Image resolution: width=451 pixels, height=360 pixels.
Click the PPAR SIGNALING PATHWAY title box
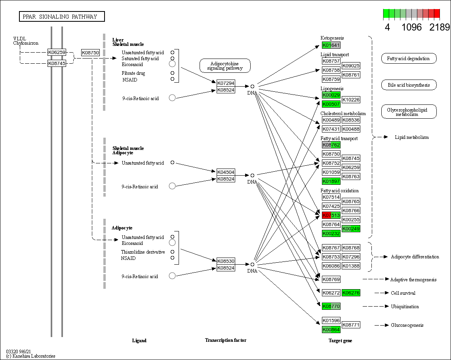62,17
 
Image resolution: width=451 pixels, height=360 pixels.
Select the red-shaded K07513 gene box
331,215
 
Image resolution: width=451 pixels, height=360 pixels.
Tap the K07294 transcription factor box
226,83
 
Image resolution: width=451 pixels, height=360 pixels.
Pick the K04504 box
226,172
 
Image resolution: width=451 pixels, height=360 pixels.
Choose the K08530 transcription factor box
226,261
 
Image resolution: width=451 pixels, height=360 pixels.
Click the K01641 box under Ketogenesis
331,45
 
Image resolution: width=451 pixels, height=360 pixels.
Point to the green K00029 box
331,95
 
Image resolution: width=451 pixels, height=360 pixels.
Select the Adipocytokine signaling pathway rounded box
225,66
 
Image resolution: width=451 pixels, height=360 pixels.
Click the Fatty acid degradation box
409,59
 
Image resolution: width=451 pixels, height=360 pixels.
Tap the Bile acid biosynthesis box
409,85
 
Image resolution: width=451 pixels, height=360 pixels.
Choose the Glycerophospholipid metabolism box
409,112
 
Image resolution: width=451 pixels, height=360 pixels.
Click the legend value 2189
440,27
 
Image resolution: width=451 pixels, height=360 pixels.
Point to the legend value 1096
412,27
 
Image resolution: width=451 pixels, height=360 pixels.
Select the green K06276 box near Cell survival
351,293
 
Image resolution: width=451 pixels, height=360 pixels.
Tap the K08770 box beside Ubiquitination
331,306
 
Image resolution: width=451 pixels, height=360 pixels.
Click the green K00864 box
331,330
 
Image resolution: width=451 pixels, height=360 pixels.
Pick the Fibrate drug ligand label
133,73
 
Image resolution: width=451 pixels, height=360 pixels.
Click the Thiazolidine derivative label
143,252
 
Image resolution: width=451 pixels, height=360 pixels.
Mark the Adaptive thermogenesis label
413,280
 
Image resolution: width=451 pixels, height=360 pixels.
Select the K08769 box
331,279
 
